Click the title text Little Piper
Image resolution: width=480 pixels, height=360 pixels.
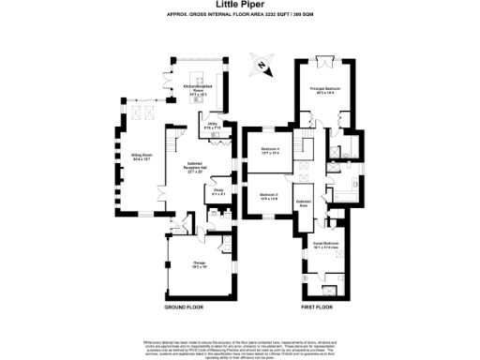coord(240,6)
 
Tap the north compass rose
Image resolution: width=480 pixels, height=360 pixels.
coord(258,67)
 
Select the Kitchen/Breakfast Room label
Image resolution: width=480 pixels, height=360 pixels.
coord(199,91)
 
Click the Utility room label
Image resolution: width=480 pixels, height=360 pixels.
coord(213,125)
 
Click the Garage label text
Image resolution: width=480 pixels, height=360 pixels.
coord(200,265)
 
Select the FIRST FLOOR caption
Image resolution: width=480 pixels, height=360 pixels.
coord(318,307)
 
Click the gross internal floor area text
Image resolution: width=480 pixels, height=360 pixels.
coord(240,16)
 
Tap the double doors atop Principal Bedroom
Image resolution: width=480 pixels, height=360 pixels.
coord(325,63)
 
